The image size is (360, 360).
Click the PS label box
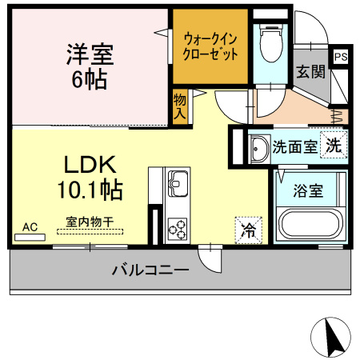pos(341,57)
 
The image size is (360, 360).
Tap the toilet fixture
pos(271,43)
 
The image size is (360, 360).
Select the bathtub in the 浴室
pos(310,224)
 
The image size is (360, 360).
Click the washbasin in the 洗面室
pos(258,148)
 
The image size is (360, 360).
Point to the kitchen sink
pos(178,183)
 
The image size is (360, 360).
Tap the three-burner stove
pos(178,230)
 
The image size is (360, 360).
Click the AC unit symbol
pos(30,238)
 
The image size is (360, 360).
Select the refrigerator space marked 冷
pos(249,230)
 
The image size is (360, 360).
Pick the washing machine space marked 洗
pos(334,145)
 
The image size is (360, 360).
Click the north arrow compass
pos(331,338)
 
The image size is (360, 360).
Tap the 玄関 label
pos(310,72)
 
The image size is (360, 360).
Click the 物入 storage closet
pos(180,107)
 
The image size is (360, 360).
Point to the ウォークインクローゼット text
pos(210,46)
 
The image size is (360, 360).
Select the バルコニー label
pos(150,270)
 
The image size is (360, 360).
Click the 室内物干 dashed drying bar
pos(90,232)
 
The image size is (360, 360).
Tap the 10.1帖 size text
pos(90,190)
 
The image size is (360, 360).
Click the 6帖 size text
pos(90,80)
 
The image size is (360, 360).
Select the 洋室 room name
pos(90,54)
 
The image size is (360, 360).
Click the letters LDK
pos(90,165)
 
